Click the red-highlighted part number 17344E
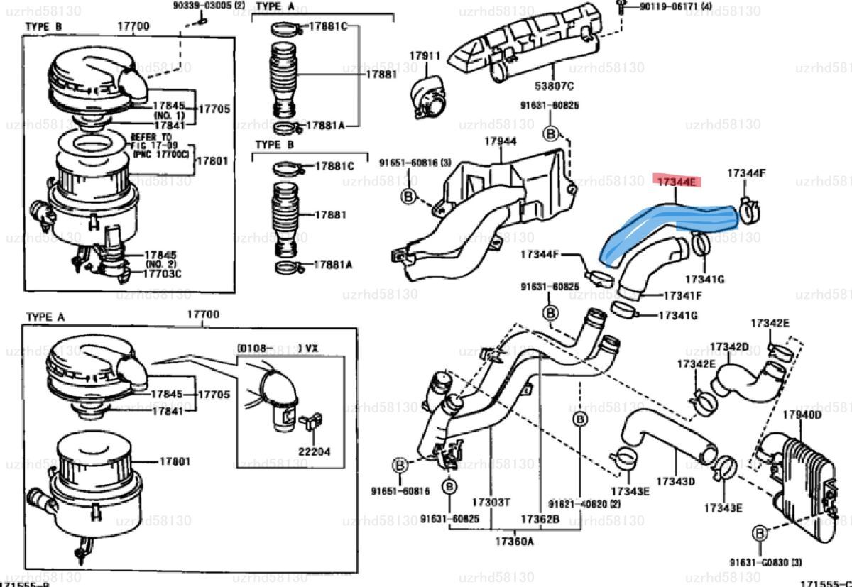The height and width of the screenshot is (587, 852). (677, 182)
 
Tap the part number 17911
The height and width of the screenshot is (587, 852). (425, 55)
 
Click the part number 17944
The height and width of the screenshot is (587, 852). (500, 141)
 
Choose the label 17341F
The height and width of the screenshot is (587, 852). (682, 295)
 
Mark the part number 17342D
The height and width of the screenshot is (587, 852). (729, 347)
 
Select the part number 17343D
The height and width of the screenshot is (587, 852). (675, 481)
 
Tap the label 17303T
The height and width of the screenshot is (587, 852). (491, 502)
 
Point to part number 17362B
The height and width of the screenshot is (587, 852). (540, 519)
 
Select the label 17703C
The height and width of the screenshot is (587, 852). (163, 273)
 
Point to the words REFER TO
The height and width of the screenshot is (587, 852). (151, 136)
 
